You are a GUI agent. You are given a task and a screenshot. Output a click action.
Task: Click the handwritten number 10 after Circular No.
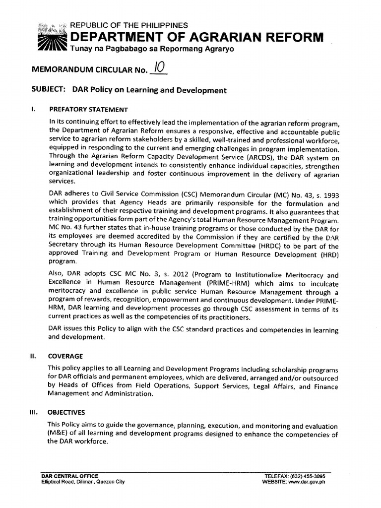[x=158, y=68]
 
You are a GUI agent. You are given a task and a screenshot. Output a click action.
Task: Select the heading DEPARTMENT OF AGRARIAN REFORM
[x=197, y=36]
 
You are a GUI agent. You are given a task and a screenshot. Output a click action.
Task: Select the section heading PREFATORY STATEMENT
[x=88, y=110]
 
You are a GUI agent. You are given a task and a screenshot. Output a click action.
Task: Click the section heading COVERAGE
[x=65, y=356]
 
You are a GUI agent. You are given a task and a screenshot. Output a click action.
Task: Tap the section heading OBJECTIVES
[x=67, y=412]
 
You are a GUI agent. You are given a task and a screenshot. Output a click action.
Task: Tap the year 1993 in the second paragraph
[x=330, y=195]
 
